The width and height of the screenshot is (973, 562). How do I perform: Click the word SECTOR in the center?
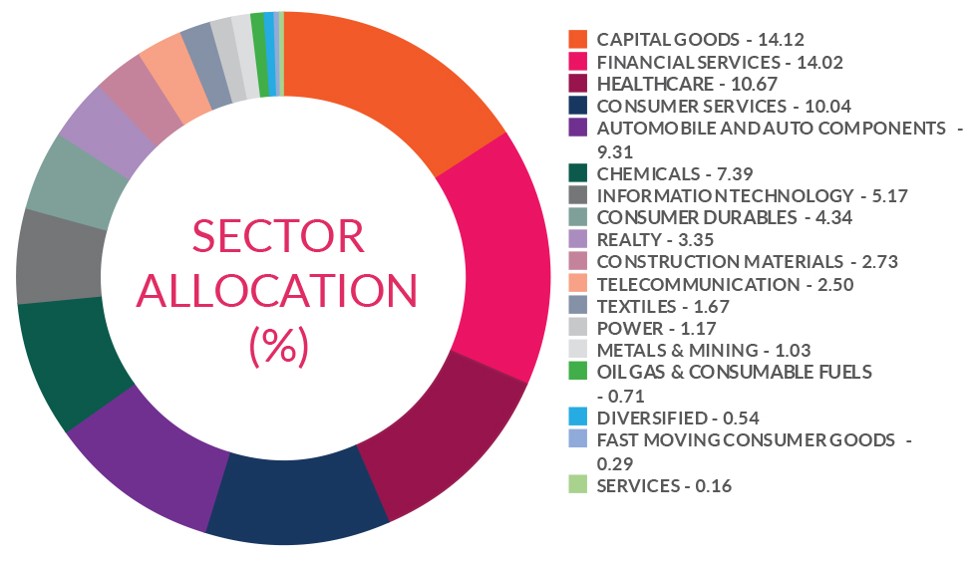coord(278,237)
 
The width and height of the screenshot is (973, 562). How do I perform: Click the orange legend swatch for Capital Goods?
coord(577,39)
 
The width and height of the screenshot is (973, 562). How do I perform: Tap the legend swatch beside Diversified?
coord(577,417)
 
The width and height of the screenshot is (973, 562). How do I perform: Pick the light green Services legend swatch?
coord(577,485)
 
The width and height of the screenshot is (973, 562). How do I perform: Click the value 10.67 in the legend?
coord(734,84)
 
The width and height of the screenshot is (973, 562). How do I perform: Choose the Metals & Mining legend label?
coord(676,350)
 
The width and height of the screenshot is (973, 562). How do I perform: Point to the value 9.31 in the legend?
coord(615,151)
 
